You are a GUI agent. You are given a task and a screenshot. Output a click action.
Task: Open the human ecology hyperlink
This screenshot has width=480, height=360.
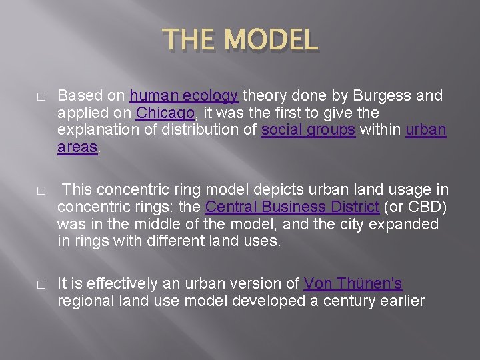pos(183,96)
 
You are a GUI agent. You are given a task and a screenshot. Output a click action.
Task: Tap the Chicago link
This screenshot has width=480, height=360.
pos(165,113)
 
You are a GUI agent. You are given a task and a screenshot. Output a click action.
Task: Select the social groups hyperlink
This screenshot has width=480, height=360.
pos(308,130)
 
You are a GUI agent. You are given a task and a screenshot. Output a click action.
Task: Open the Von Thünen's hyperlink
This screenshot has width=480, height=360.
pos(353,283)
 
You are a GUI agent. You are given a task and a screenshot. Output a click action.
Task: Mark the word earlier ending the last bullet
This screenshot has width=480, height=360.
pos(401,301)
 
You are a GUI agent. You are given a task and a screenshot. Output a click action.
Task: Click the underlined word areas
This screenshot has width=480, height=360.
pos(77,147)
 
